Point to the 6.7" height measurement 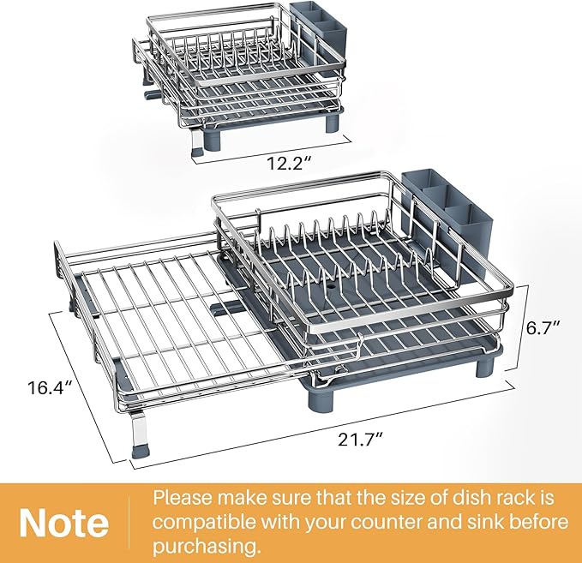point(544,327)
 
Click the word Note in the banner point(64,522)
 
